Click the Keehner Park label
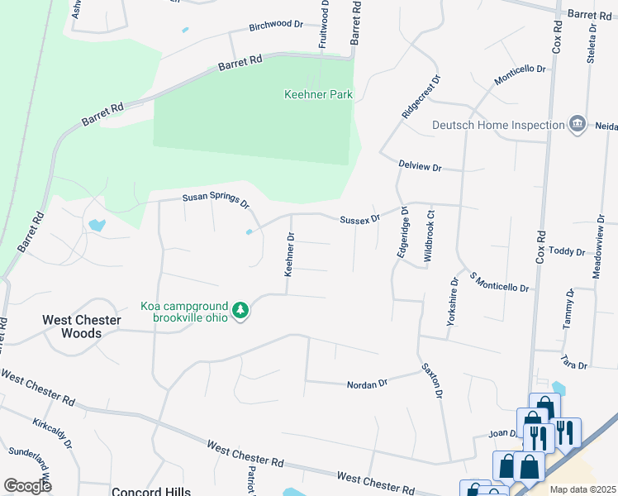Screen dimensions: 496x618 [x=318, y=94]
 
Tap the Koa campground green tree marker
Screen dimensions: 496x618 [x=240, y=311]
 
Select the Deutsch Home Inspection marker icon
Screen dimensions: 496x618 [x=578, y=125]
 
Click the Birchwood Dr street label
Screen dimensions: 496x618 [x=276, y=25]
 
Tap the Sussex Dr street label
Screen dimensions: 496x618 [x=359, y=219]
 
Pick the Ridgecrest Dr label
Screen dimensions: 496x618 [x=421, y=98]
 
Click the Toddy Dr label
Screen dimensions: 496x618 [x=567, y=250]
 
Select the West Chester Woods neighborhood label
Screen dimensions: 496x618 [x=82, y=327]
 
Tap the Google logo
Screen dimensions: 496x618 [x=27, y=485]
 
